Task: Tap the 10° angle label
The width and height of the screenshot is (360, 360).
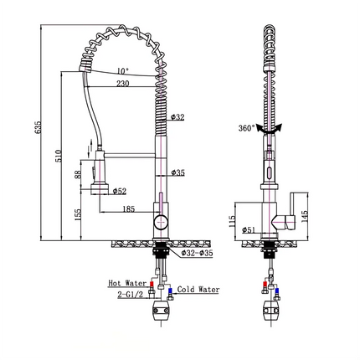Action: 123,71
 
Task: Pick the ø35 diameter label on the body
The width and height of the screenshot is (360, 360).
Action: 177,173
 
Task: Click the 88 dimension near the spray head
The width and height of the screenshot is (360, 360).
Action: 79,174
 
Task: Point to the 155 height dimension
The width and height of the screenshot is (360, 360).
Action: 79,216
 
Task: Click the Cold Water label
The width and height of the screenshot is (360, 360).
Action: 198,290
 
